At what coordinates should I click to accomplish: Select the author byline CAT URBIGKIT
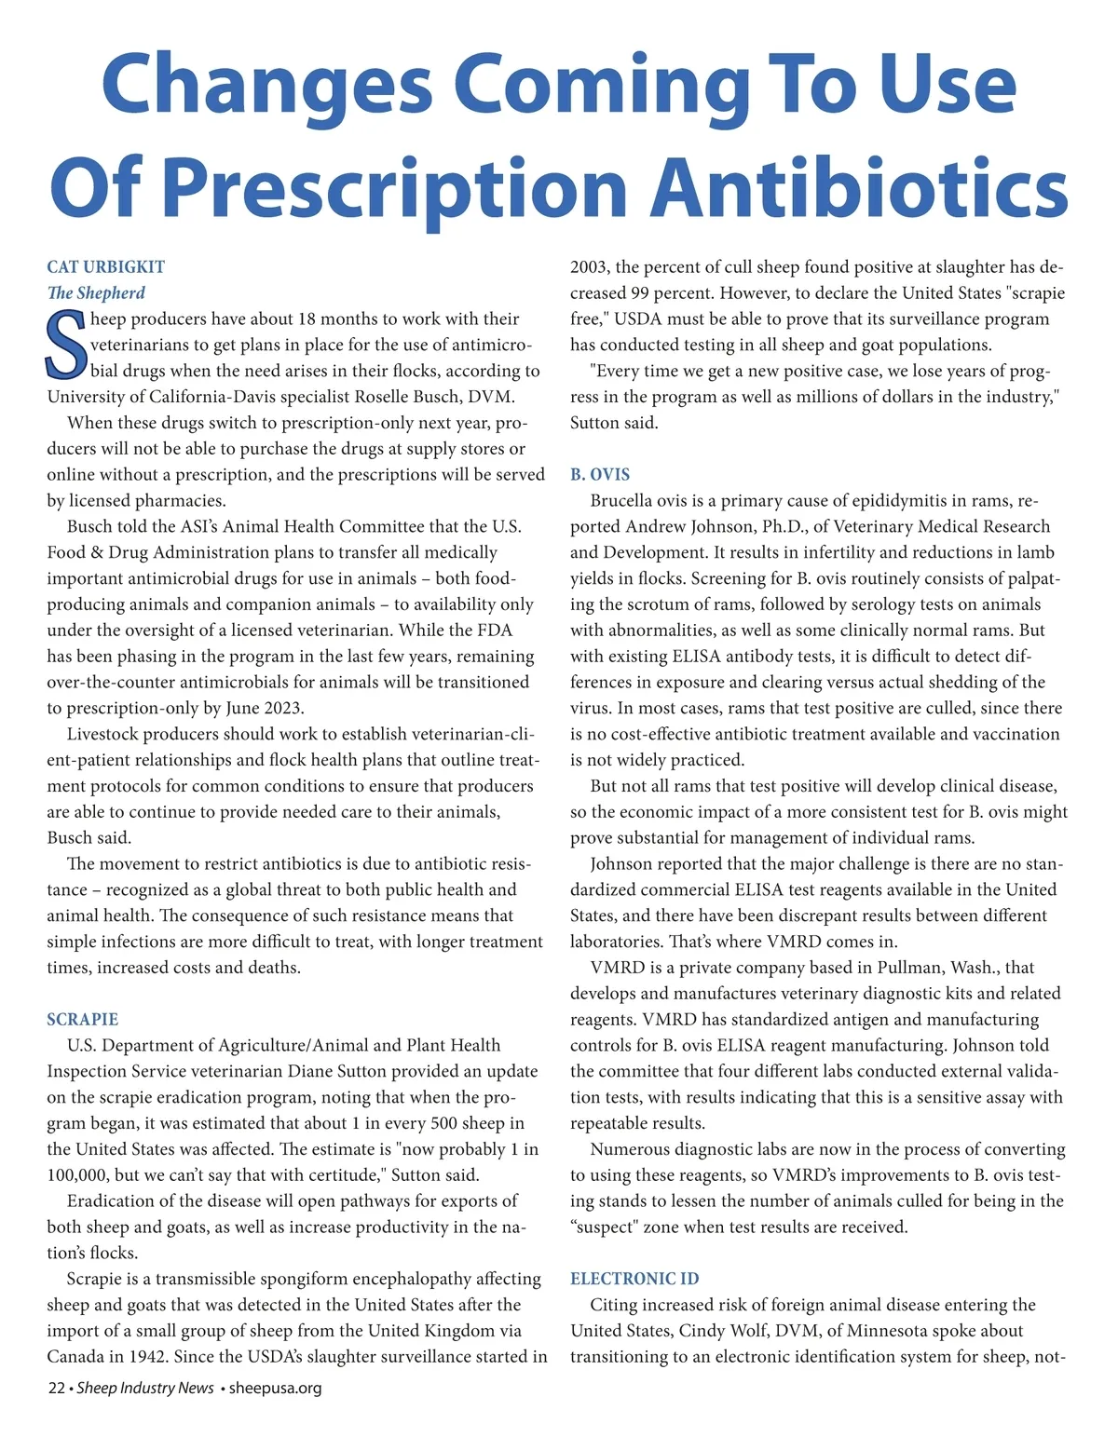pos(105,267)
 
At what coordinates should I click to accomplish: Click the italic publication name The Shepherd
pos(96,293)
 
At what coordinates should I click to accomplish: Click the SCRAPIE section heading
pos(83,1020)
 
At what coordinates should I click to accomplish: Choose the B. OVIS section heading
pos(600,475)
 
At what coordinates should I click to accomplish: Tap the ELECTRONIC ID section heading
pos(634,1279)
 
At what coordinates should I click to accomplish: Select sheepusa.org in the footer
pos(275,1388)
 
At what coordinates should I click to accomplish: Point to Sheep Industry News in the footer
pos(145,1388)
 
